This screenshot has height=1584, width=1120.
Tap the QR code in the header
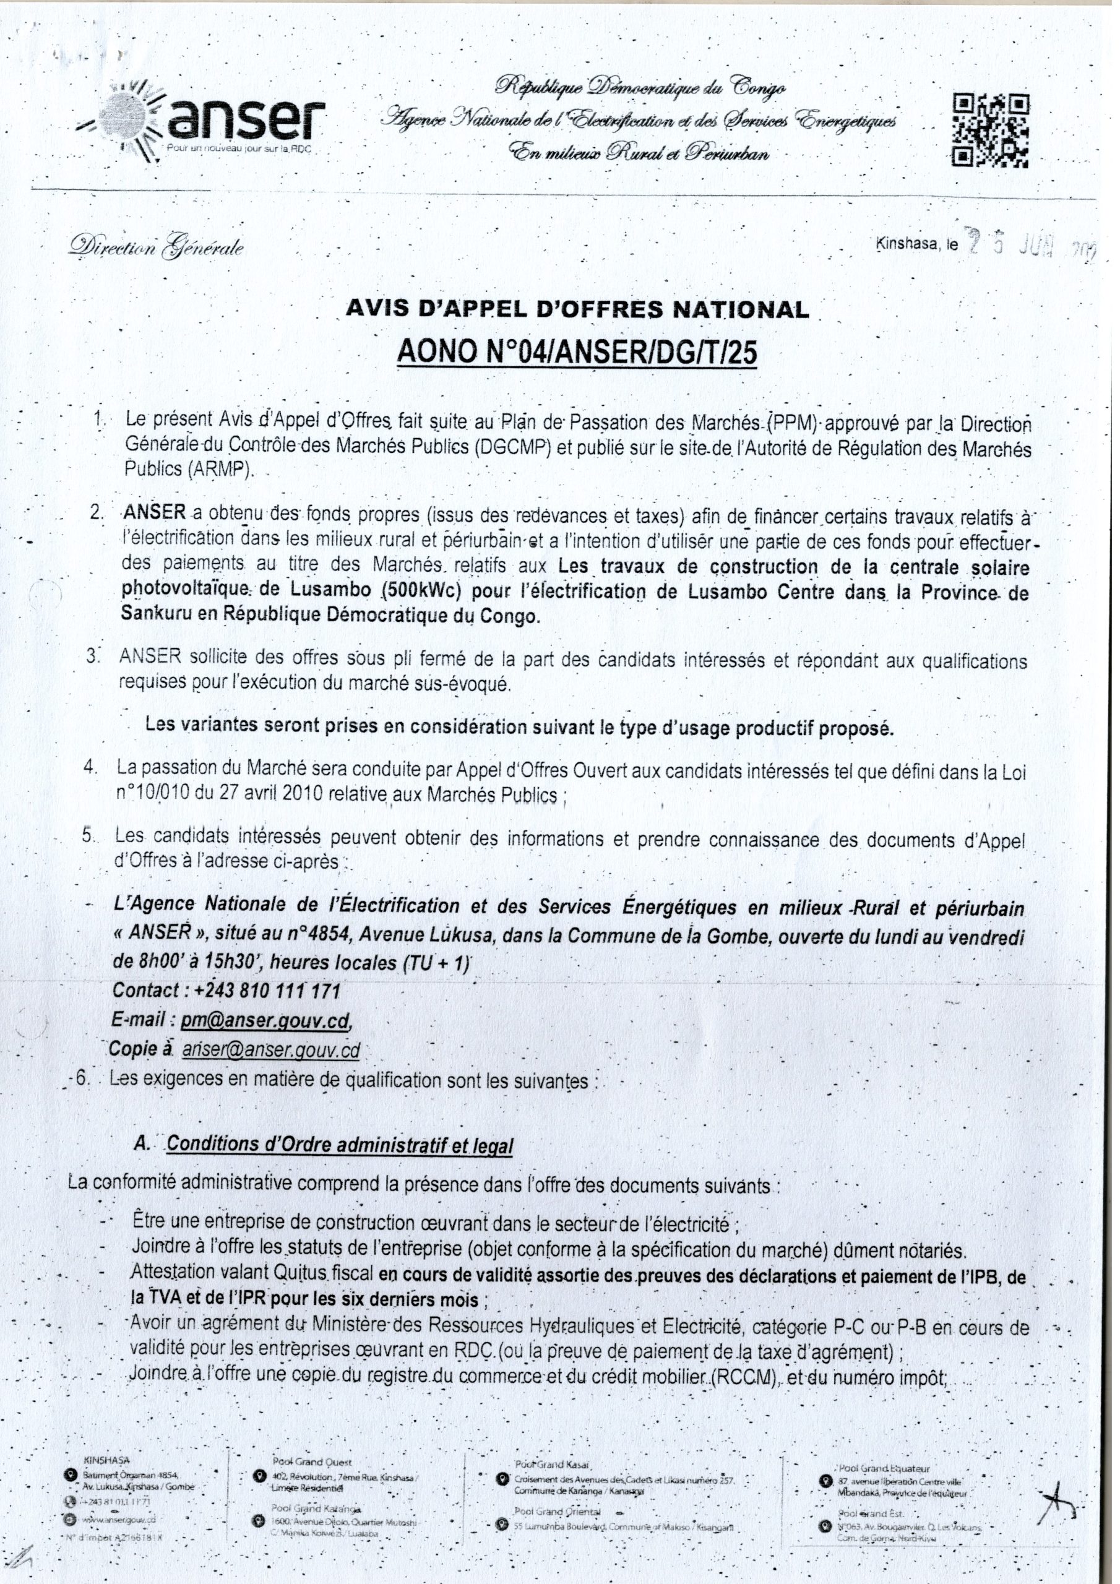(x=992, y=131)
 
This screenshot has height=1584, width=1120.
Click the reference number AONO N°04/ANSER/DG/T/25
(x=577, y=353)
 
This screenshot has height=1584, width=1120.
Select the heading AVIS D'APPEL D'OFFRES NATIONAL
(x=577, y=309)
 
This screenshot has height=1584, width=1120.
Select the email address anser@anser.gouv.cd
(x=271, y=1050)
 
